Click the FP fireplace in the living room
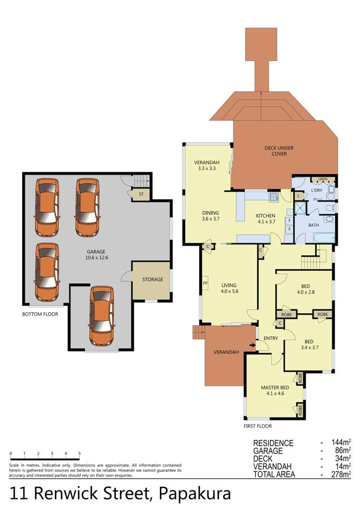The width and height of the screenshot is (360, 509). tap(205, 283)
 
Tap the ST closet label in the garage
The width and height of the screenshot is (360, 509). tap(141, 194)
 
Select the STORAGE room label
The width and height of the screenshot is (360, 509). tap(153, 279)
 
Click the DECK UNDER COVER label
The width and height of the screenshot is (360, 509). tap(279, 151)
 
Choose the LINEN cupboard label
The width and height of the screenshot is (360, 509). tap(323, 179)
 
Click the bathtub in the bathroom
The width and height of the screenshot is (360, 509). tap(324, 237)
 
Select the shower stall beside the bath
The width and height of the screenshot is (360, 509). tap(300, 208)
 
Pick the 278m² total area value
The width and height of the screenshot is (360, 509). tap(341, 474)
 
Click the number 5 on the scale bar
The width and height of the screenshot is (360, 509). tap(79, 453)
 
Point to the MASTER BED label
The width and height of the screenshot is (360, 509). tap(275, 387)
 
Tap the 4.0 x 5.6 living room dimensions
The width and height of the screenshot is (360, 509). tap(229, 291)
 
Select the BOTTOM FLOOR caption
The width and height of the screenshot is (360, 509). tap(40, 314)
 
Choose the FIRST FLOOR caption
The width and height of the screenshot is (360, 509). tap(258, 426)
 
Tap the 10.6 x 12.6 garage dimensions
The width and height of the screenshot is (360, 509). tap(96, 258)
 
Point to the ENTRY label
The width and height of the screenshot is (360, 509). tap(271, 338)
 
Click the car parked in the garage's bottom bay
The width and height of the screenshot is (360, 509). tap(102, 316)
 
